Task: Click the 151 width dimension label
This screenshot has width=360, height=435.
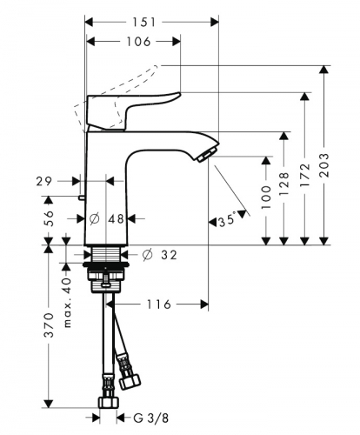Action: [x=144, y=23]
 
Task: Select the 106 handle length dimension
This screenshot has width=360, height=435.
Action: [x=138, y=42]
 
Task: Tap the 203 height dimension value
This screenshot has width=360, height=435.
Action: [x=324, y=165]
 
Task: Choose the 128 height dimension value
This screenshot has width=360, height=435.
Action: [x=284, y=184]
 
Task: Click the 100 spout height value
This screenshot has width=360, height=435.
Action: [x=266, y=197]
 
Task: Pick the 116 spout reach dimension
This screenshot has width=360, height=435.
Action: [x=159, y=304]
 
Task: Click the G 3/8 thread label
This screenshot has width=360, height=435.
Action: [x=151, y=418]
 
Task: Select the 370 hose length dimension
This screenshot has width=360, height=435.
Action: [x=49, y=325]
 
